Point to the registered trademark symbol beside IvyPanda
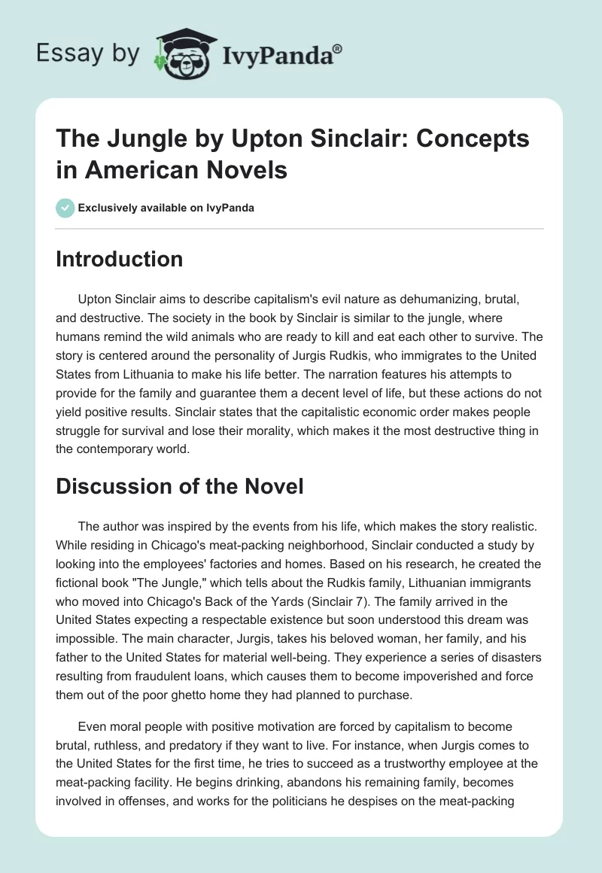[338, 49]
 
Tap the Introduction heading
[120, 259]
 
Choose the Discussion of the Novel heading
[180, 486]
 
